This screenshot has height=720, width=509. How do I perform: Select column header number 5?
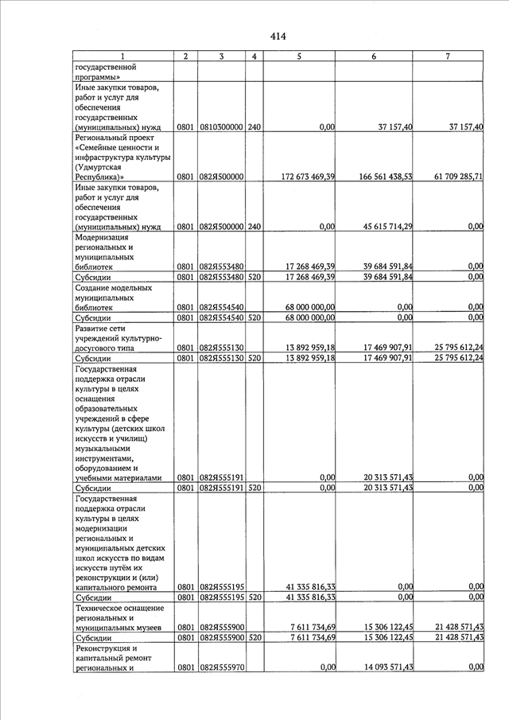[298, 56]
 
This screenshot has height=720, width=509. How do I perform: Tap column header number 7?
[448, 56]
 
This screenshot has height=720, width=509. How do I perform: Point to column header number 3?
[221, 56]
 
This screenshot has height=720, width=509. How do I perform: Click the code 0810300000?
[221, 127]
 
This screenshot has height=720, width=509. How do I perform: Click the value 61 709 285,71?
[449, 177]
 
